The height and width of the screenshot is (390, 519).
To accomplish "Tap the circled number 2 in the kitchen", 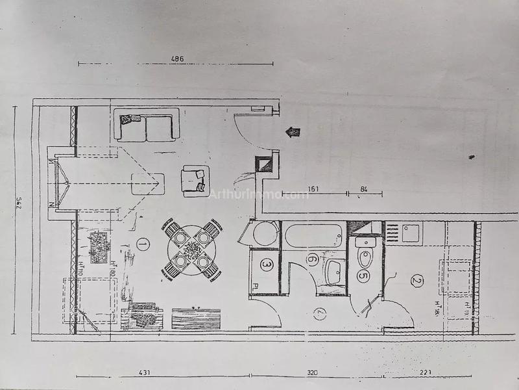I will tap(416, 281).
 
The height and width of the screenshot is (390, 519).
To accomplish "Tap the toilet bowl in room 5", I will tap(364, 258).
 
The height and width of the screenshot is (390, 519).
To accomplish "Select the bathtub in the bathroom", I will tap(314, 235).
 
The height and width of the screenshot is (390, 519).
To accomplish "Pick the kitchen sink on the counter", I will tap(411, 231).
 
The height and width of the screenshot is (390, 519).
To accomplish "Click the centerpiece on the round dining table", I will tap(193, 249).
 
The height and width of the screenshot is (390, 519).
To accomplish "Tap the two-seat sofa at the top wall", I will tap(146, 125).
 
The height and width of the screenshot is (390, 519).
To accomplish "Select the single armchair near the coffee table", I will tap(196, 180).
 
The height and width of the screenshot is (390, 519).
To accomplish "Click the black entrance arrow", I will tap(294, 132).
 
